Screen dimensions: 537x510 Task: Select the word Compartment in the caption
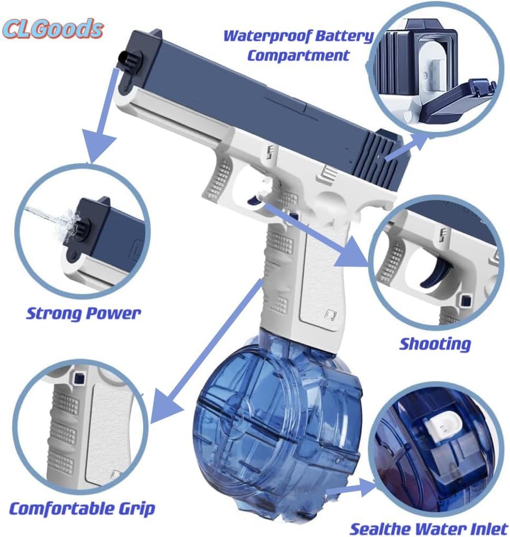[x=298, y=55]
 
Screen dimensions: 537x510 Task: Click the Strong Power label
[x=84, y=314]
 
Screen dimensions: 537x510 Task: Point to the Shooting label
[x=434, y=344]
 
